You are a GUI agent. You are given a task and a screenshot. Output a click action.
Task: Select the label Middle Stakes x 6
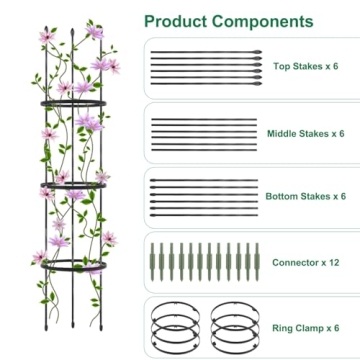tap(305, 133)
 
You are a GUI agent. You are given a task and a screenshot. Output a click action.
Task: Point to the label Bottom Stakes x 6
tap(305, 197)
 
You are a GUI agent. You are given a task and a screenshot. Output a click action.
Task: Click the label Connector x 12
tap(306, 262)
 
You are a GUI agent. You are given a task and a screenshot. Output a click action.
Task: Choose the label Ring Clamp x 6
tap(304, 327)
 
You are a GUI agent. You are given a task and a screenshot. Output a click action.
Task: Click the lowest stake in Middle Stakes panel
tap(201, 148)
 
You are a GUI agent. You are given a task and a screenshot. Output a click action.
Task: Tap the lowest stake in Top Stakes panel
tap(201, 81)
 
